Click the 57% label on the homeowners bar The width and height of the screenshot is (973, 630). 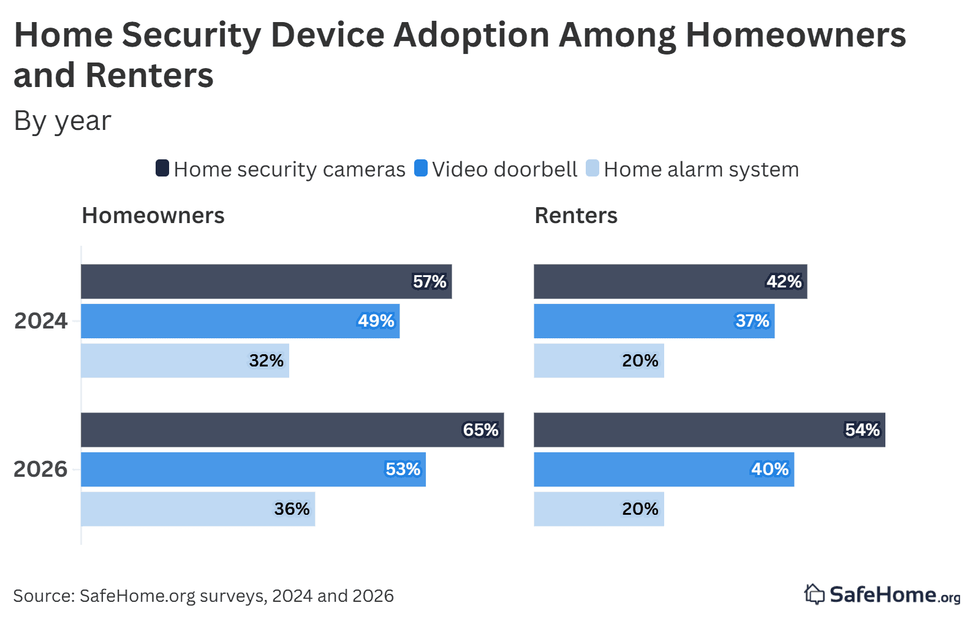click(430, 282)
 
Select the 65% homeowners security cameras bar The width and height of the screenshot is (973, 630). click(292, 430)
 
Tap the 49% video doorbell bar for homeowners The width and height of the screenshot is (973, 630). click(240, 321)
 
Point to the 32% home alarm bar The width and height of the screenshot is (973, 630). click(185, 361)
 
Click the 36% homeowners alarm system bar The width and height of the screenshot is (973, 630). click(198, 509)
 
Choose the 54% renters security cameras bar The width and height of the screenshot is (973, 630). click(709, 430)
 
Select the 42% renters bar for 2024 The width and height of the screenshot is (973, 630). click(670, 282)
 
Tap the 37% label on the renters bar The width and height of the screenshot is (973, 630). click(752, 321)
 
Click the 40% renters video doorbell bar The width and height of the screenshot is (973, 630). click(664, 470)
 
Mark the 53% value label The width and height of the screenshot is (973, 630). click(403, 470)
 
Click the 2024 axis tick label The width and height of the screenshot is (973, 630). click(40, 321)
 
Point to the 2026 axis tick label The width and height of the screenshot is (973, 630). click(40, 469)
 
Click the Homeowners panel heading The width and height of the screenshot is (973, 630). click(153, 216)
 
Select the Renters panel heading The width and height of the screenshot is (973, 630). click(576, 216)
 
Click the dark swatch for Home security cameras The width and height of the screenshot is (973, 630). click(162, 168)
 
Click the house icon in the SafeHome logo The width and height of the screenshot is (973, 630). click(814, 594)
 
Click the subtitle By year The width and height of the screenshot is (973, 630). click(62, 121)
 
